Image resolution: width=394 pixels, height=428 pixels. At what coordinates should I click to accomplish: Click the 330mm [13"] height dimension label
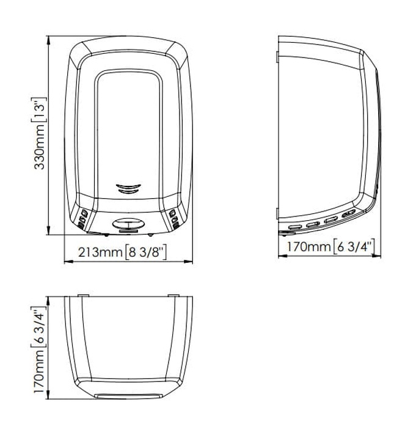click(x=38, y=133)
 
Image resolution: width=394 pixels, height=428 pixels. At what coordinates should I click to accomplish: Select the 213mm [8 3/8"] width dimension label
click(x=122, y=252)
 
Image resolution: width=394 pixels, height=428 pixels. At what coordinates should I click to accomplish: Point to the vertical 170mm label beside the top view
click(x=38, y=350)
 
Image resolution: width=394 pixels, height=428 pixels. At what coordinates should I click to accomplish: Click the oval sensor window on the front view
click(x=128, y=224)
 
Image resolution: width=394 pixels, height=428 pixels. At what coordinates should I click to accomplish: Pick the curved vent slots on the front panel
click(x=128, y=188)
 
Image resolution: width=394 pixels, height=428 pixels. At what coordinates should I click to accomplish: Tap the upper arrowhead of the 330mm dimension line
click(x=48, y=40)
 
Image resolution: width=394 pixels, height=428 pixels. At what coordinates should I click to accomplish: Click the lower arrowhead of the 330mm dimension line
click(x=48, y=230)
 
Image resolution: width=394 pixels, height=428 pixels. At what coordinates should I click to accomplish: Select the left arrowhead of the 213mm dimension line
click(x=68, y=262)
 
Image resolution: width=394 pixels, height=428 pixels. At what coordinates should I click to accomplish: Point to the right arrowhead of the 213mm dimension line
click(x=188, y=262)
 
